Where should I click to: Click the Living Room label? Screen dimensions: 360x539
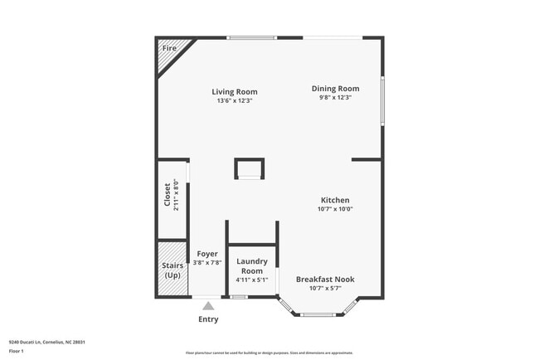click(234, 91)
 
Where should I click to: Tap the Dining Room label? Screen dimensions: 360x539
click(335, 89)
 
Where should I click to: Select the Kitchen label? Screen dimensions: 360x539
click(335, 200)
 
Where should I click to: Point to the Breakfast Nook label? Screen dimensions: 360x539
click(325, 280)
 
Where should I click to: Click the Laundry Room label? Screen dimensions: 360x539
click(251, 266)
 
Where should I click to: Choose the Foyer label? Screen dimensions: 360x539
click(206, 254)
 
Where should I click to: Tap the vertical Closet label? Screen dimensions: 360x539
click(168, 195)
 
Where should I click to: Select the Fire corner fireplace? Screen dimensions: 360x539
click(170, 51)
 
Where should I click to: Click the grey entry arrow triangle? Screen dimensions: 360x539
click(208, 306)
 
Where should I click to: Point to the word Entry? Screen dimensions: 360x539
click(208, 319)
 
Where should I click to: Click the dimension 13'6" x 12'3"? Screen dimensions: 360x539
click(234, 100)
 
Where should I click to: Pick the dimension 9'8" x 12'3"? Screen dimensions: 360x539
click(335, 98)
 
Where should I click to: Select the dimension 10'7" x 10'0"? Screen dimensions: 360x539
click(335, 209)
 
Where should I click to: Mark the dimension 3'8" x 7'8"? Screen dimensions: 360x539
click(206, 262)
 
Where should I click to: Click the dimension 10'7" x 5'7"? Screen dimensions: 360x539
click(325, 289)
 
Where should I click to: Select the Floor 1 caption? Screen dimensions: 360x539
click(16, 351)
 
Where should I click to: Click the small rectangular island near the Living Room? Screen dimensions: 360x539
click(250, 169)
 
